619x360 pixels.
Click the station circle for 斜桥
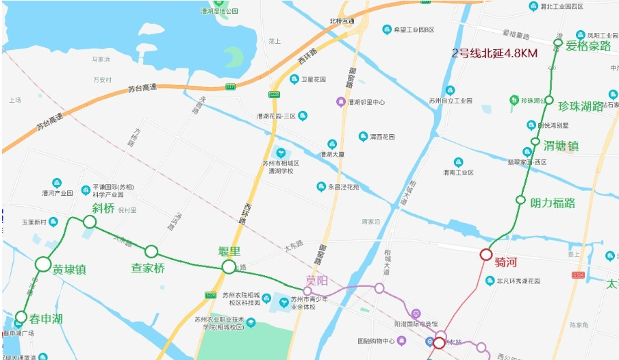tap(90, 222)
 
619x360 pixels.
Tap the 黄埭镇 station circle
tap(43, 264)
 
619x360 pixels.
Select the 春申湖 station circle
tap(21, 317)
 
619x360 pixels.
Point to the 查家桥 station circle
tap(151, 251)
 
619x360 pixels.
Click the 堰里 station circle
tap(229, 266)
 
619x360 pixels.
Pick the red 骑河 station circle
tap(486, 255)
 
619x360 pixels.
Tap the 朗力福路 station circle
tap(520, 201)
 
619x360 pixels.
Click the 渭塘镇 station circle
tap(535, 141)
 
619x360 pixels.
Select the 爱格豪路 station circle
tap(558, 43)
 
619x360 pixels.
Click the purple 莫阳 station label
tap(316, 281)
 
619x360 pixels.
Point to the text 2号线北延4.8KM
tap(494, 53)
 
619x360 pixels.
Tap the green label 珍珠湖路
tap(580, 107)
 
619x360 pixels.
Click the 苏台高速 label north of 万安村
tap(142, 87)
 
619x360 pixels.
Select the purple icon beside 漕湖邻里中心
tap(340, 102)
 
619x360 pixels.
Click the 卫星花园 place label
tap(314, 79)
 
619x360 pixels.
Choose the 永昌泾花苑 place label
tap(342, 187)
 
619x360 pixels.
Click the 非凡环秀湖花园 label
tap(518, 281)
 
